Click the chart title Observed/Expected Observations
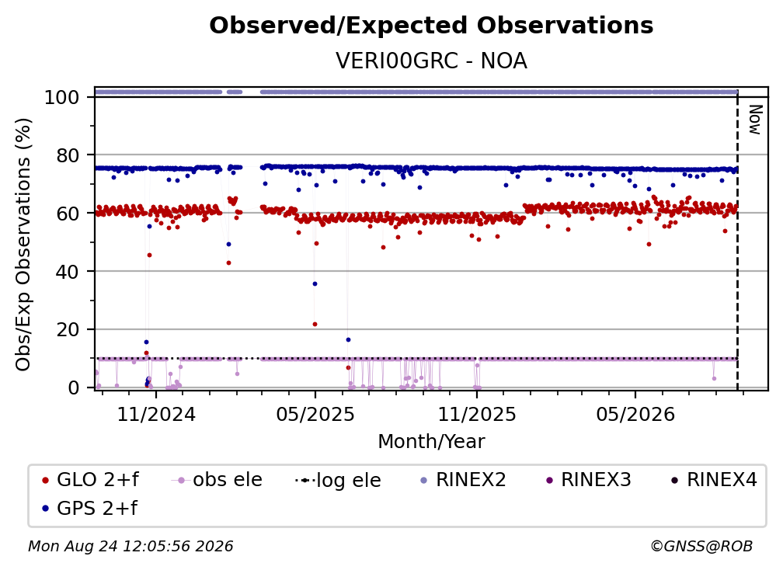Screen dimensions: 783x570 click(431, 26)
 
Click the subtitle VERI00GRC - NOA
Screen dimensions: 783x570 click(431, 61)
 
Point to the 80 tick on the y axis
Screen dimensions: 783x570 click(68, 155)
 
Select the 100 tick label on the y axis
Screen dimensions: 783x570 click(62, 97)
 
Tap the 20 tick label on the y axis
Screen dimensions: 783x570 click(68, 329)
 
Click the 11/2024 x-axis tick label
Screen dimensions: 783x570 click(156, 414)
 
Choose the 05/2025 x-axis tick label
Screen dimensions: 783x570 click(315, 414)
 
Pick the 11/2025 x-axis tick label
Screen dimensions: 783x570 click(477, 414)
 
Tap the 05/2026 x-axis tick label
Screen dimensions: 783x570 click(635, 414)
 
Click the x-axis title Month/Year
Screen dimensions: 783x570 click(431, 441)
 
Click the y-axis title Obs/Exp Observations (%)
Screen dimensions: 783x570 click(23, 245)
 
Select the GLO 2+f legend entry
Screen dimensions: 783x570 click(90, 480)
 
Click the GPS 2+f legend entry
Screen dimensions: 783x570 click(89, 508)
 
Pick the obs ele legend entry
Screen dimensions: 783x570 click(216, 480)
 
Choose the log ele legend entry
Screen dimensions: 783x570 click(338, 480)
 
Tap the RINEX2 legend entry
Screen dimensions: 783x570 click(464, 480)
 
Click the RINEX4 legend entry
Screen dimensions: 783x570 click(714, 480)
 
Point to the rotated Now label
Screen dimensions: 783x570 click(754, 120)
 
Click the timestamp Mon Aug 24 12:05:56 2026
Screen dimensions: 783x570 click(130, 546)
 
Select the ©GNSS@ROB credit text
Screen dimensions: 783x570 click(701, 546)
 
